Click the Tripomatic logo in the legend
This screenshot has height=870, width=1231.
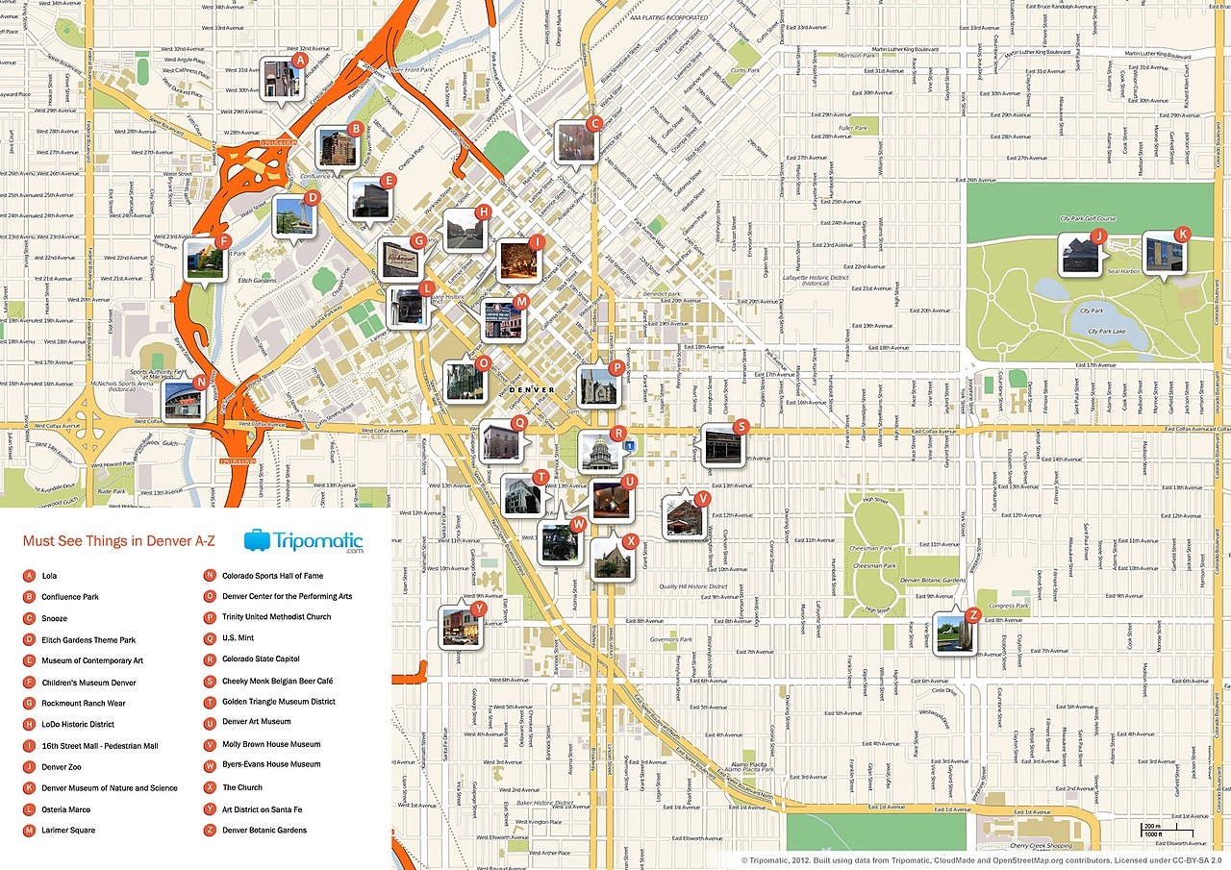click(304, 541)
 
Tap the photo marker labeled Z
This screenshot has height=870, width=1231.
click(953, 634)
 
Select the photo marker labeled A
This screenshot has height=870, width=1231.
click(282, 79)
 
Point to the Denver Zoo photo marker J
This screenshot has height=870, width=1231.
click(1080, 255)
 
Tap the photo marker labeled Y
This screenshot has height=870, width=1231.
click(460, 626)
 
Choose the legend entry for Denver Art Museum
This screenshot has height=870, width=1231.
click(256, 722)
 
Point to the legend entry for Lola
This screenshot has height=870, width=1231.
click(50, 576)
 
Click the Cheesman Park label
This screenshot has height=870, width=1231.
click(871, 566)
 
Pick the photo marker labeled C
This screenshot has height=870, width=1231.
click(575, 142)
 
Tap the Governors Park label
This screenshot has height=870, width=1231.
click(671, 639)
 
